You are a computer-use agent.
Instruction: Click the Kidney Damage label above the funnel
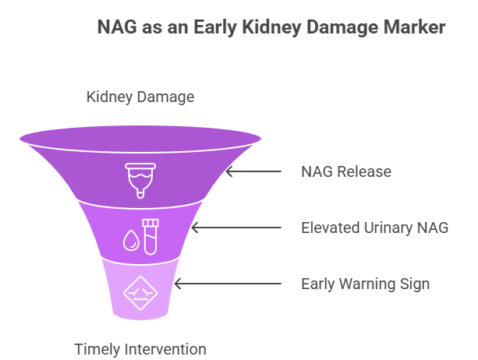(140, 97)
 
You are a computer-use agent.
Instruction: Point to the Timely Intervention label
(140, 348)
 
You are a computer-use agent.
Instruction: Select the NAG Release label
(346, 171)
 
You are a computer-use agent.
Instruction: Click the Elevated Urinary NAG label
(374, 228)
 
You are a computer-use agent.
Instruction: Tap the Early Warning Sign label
(365, 284)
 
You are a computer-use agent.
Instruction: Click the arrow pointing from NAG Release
(253, 171)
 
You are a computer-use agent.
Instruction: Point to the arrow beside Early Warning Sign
(227, 284)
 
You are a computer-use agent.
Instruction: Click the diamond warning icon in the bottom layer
(139, 294)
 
